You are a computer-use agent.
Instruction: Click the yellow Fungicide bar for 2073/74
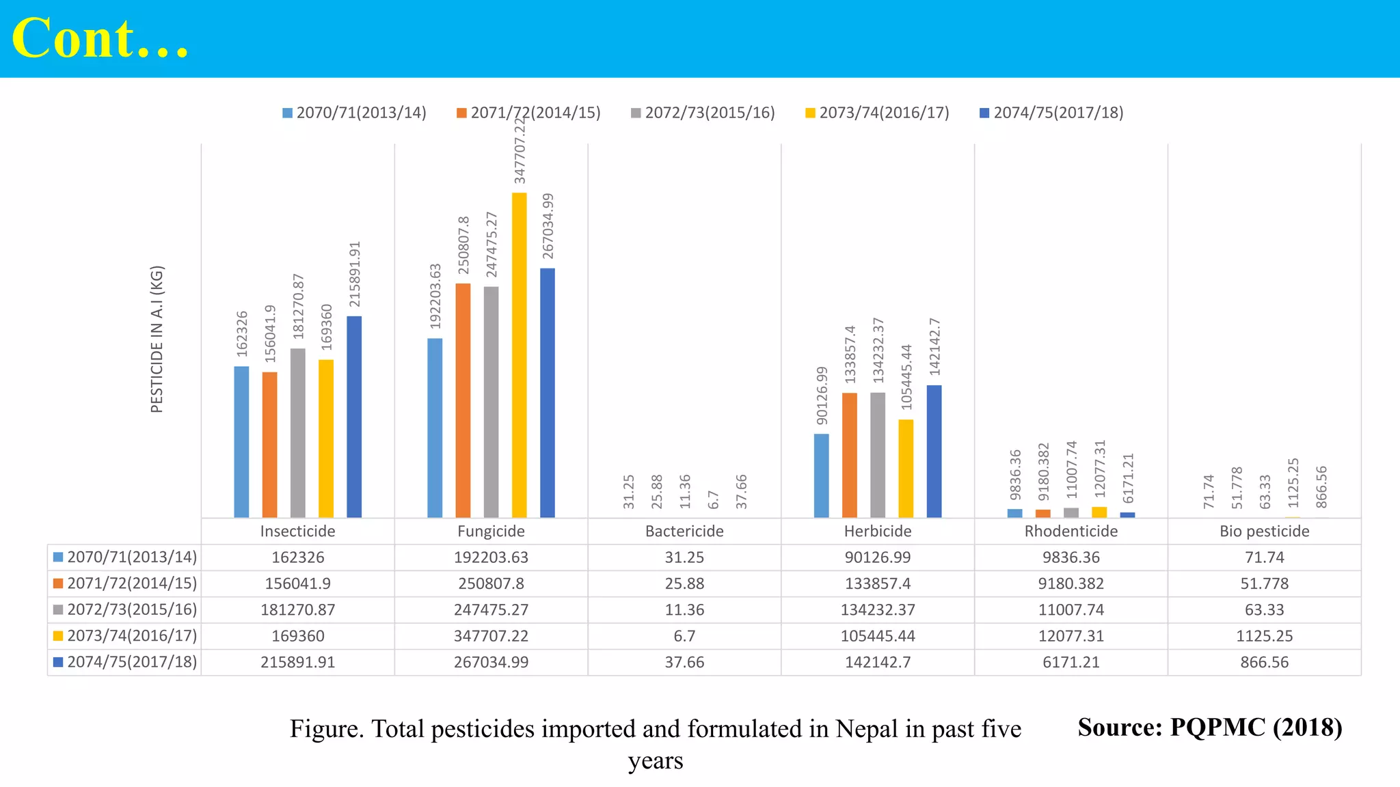coord(520,355)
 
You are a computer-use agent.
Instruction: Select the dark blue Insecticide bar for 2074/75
coord(354,417)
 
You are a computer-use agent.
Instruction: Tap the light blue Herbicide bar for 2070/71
coord(822,475)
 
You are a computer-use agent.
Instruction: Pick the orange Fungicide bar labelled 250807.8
coord(463,400)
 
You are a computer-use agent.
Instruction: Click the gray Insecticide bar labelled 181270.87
coord(298,433)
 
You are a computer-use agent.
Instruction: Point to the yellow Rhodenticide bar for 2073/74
coord(1099,512)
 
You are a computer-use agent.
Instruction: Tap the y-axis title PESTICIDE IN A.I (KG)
coord(157,339)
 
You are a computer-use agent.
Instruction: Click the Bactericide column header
coord(684,531)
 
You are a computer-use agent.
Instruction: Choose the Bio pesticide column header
coord(1264,531)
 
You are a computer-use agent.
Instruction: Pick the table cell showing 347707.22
coord(491,636)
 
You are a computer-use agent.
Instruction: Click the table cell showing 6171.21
coord(1071,662)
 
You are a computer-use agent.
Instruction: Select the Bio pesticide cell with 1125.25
coord(1264,636)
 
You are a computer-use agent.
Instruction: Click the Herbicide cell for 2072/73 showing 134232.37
coord(878,609)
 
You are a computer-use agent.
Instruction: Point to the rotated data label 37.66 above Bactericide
coord(742,491)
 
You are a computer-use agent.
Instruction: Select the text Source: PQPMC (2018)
coord(1209,727)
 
